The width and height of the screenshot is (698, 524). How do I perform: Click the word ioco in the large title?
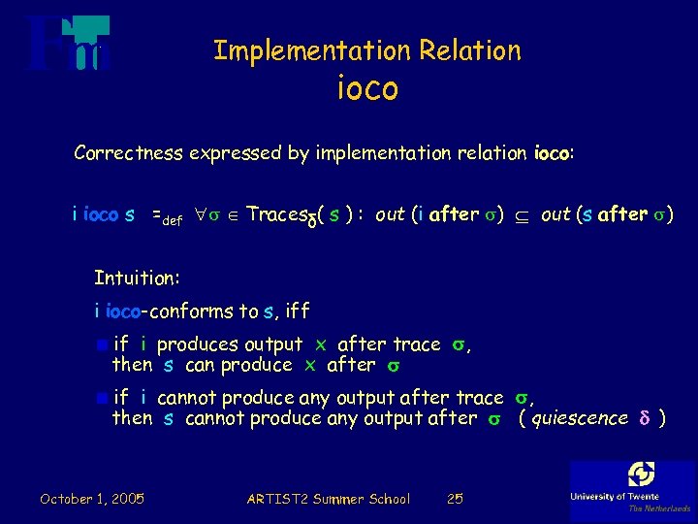pos(367,89)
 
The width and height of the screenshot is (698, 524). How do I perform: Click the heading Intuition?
pos(137,278)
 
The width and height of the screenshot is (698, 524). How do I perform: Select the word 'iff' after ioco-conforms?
pos(297,311)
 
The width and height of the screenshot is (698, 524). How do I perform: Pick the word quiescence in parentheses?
pos(580,418)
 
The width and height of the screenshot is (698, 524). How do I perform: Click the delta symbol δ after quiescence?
pos(644,418)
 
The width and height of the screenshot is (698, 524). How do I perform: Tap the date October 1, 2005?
pos(92,499)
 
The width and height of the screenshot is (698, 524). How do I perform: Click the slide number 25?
pos(454,499)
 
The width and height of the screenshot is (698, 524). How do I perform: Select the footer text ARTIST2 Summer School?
pos(328,499)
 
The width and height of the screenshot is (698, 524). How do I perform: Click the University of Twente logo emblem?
pos(641,475)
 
